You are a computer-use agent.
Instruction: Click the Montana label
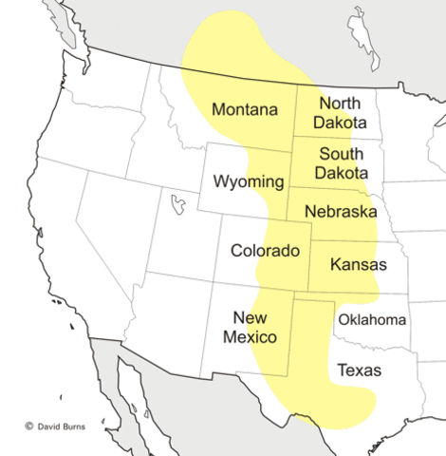(244, 109)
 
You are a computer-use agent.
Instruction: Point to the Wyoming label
(248, 180)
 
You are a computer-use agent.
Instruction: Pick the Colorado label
(265, 251)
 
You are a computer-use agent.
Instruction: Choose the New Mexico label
(250, 327)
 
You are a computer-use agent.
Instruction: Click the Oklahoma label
(372, 319)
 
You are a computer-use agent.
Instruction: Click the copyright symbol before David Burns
(28, 427)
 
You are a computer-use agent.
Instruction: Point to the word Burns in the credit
(71, 427)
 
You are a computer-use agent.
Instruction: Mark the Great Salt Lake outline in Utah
(175, 203)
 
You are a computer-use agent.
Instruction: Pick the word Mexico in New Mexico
(250, 337)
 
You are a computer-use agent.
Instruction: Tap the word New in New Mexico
(250, 316)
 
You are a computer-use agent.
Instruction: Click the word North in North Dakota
(342, 103)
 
